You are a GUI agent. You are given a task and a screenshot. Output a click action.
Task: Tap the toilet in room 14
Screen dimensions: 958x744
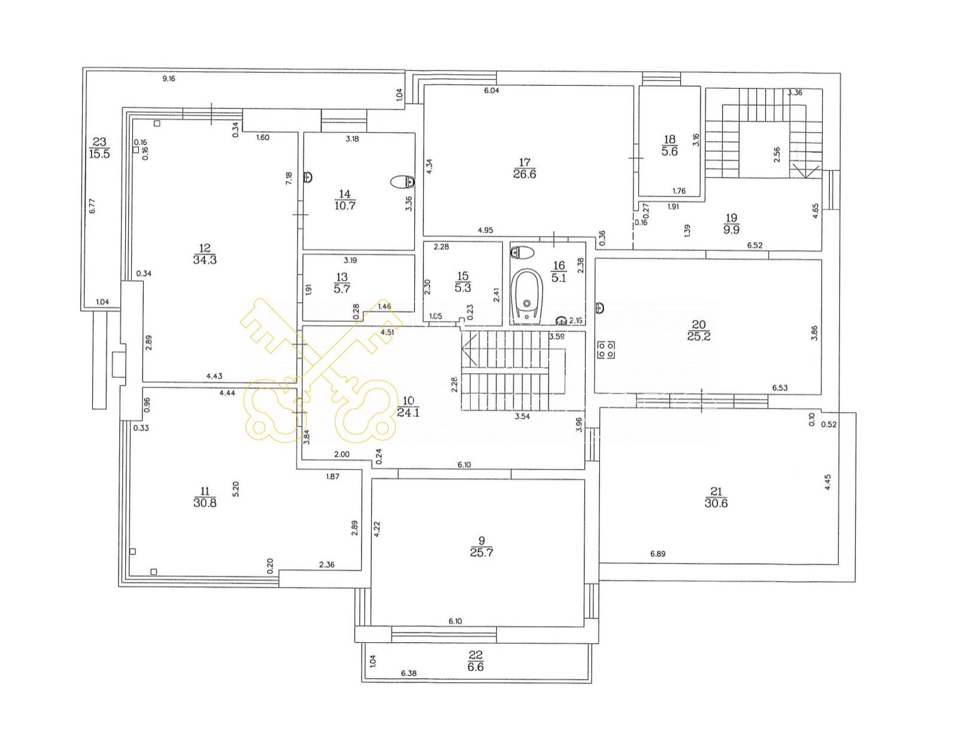(x=403, y=182)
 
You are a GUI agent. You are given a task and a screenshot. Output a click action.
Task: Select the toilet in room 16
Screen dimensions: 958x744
(x=522, y=253)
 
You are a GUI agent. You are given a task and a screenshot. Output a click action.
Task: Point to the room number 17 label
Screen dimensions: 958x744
(x=524, y=162)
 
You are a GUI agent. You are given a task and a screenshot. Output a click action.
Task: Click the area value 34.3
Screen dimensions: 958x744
(x=205, y=260)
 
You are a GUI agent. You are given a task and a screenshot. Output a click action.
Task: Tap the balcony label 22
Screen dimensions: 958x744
(x=475, y=655)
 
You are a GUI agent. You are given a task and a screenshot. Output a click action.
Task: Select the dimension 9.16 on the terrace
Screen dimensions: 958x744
(x=169, y=79)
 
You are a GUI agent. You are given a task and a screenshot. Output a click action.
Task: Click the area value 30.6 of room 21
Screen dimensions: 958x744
(x=716, y=503)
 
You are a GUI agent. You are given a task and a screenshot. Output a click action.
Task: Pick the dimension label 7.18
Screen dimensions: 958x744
(x=289, y=178)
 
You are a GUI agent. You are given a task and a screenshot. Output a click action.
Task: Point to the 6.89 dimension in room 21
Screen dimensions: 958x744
(x=658, y=554)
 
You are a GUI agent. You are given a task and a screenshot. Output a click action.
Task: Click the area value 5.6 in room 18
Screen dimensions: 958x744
(x=669, y=152)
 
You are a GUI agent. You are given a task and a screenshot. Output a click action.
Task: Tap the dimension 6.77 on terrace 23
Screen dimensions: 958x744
(x=92, y=206)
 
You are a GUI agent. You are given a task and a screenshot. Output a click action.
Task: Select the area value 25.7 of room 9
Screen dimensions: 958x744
(x=481, y=552)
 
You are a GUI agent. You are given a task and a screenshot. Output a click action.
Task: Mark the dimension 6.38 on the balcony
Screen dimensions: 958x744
(x=409, y=673)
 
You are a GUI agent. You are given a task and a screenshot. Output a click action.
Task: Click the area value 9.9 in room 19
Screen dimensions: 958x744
(x=731, y=230)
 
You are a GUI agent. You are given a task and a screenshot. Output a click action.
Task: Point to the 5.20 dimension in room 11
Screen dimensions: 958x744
(x=235, y=489)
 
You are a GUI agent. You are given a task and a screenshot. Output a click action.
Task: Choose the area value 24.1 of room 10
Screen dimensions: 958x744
(x=408, y=412)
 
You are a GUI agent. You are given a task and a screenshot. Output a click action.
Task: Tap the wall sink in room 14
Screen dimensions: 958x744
(x=308, y=177)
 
